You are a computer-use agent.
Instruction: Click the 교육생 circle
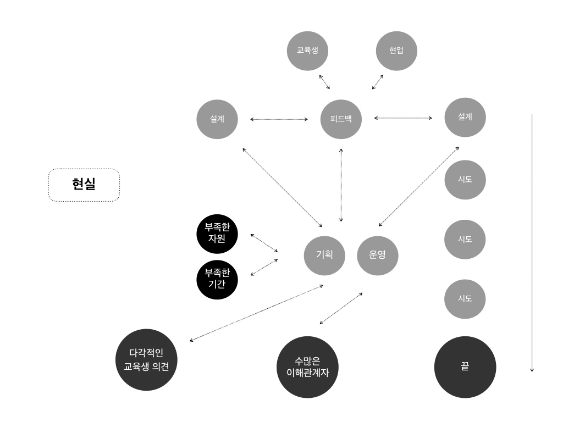pos(307,51)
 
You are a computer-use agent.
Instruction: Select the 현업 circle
pos(396,51)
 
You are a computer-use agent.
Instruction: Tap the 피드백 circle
pos(341,118)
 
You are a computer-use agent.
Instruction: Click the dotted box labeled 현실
pos(84,185)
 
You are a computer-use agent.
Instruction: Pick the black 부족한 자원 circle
pos(218,235)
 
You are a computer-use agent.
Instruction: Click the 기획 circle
pos(324,255)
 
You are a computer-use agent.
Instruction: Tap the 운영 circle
pos(378,255)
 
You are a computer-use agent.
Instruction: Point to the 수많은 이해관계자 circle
pos(307,367)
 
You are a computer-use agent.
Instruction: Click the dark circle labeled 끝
pos(465,367)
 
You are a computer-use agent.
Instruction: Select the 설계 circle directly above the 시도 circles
pos(465,117)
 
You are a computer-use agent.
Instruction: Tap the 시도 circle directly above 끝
pos(465,298)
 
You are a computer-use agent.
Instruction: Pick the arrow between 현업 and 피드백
pos(377,82)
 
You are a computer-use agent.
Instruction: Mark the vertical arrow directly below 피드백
pos(341,184)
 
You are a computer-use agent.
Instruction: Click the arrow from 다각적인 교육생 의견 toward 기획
pos(256,313)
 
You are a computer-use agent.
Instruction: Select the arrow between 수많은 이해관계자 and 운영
pos(341,308)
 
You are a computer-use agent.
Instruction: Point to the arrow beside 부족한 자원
pos(264,243)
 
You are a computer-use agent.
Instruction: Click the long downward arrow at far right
pos(532,242)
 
